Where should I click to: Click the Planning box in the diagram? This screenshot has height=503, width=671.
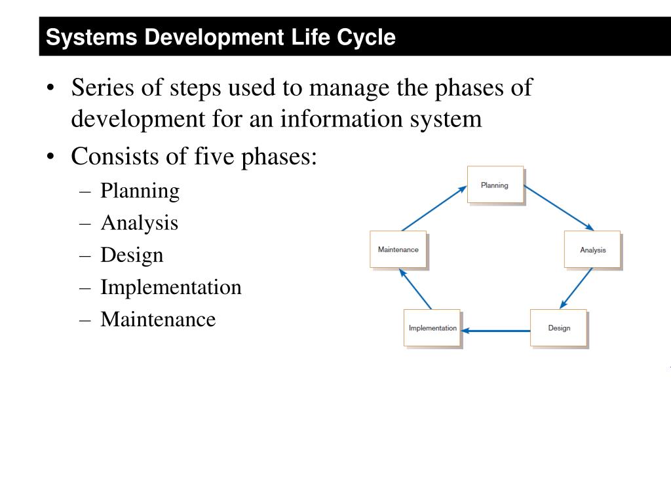(495, 185)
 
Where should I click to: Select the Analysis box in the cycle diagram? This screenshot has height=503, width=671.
(592, 250)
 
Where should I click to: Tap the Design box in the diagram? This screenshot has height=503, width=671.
(559, 327)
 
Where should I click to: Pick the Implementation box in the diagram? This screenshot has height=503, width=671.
(432, 327)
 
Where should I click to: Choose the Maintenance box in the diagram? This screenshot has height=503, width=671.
(398, 250)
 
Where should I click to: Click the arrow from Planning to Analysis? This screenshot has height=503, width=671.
(559, 208)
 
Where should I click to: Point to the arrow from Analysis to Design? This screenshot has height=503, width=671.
(577, 288)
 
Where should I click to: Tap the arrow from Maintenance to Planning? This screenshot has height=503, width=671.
(434, 208)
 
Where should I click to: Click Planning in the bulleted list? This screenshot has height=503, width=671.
(140, 191)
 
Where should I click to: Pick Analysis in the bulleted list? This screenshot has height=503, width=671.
(139, 223)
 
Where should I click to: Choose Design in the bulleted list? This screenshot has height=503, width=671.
(132, 255)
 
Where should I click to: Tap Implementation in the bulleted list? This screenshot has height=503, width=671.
(171, 288)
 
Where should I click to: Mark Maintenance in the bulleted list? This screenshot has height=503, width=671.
(158, 320)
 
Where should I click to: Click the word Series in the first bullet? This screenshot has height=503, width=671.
(104, 87)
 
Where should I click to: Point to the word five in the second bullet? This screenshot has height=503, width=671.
(215, 157)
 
